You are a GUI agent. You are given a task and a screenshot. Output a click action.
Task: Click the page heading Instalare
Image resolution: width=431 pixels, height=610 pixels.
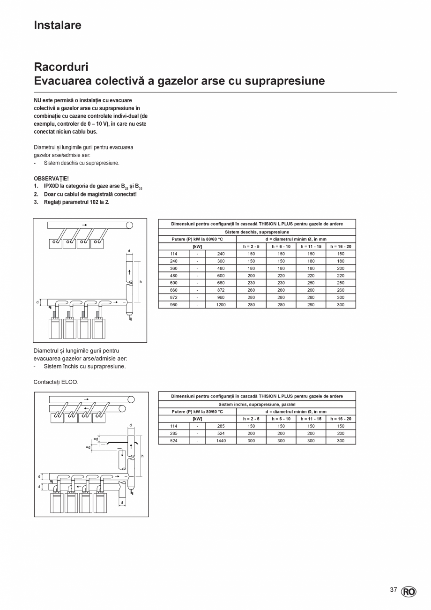58,25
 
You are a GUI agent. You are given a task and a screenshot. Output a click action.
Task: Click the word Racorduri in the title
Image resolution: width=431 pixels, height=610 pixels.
61,67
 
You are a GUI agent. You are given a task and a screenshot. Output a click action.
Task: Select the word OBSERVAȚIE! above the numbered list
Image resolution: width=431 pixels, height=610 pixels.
51,179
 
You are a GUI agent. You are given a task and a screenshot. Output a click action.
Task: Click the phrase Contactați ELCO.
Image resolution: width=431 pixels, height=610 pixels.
56,382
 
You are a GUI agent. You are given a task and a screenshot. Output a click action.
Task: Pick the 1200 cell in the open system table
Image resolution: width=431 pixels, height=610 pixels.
221,305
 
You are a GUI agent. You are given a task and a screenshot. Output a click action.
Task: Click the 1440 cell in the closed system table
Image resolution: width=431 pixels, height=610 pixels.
221,441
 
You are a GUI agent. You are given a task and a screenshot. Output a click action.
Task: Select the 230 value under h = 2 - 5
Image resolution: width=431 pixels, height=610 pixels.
251,283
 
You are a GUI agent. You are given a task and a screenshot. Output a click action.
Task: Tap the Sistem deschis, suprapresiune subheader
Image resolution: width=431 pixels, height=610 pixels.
257,232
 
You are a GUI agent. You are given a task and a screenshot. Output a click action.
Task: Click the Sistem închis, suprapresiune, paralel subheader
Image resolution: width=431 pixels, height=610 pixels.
257,404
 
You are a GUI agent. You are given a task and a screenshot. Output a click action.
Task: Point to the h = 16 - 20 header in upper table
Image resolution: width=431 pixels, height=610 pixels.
341,246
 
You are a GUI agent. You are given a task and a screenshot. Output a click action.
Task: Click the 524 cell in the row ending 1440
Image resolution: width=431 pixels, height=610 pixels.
174,441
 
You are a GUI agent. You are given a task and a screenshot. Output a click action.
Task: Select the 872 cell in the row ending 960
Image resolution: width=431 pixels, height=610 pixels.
174,297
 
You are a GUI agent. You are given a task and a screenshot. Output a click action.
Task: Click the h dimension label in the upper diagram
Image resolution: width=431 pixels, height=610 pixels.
141,282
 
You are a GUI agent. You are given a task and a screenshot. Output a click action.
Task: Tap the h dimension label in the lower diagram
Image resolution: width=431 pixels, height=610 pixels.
142,456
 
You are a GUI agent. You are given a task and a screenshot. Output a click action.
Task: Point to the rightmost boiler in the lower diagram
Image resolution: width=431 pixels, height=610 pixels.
100,502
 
